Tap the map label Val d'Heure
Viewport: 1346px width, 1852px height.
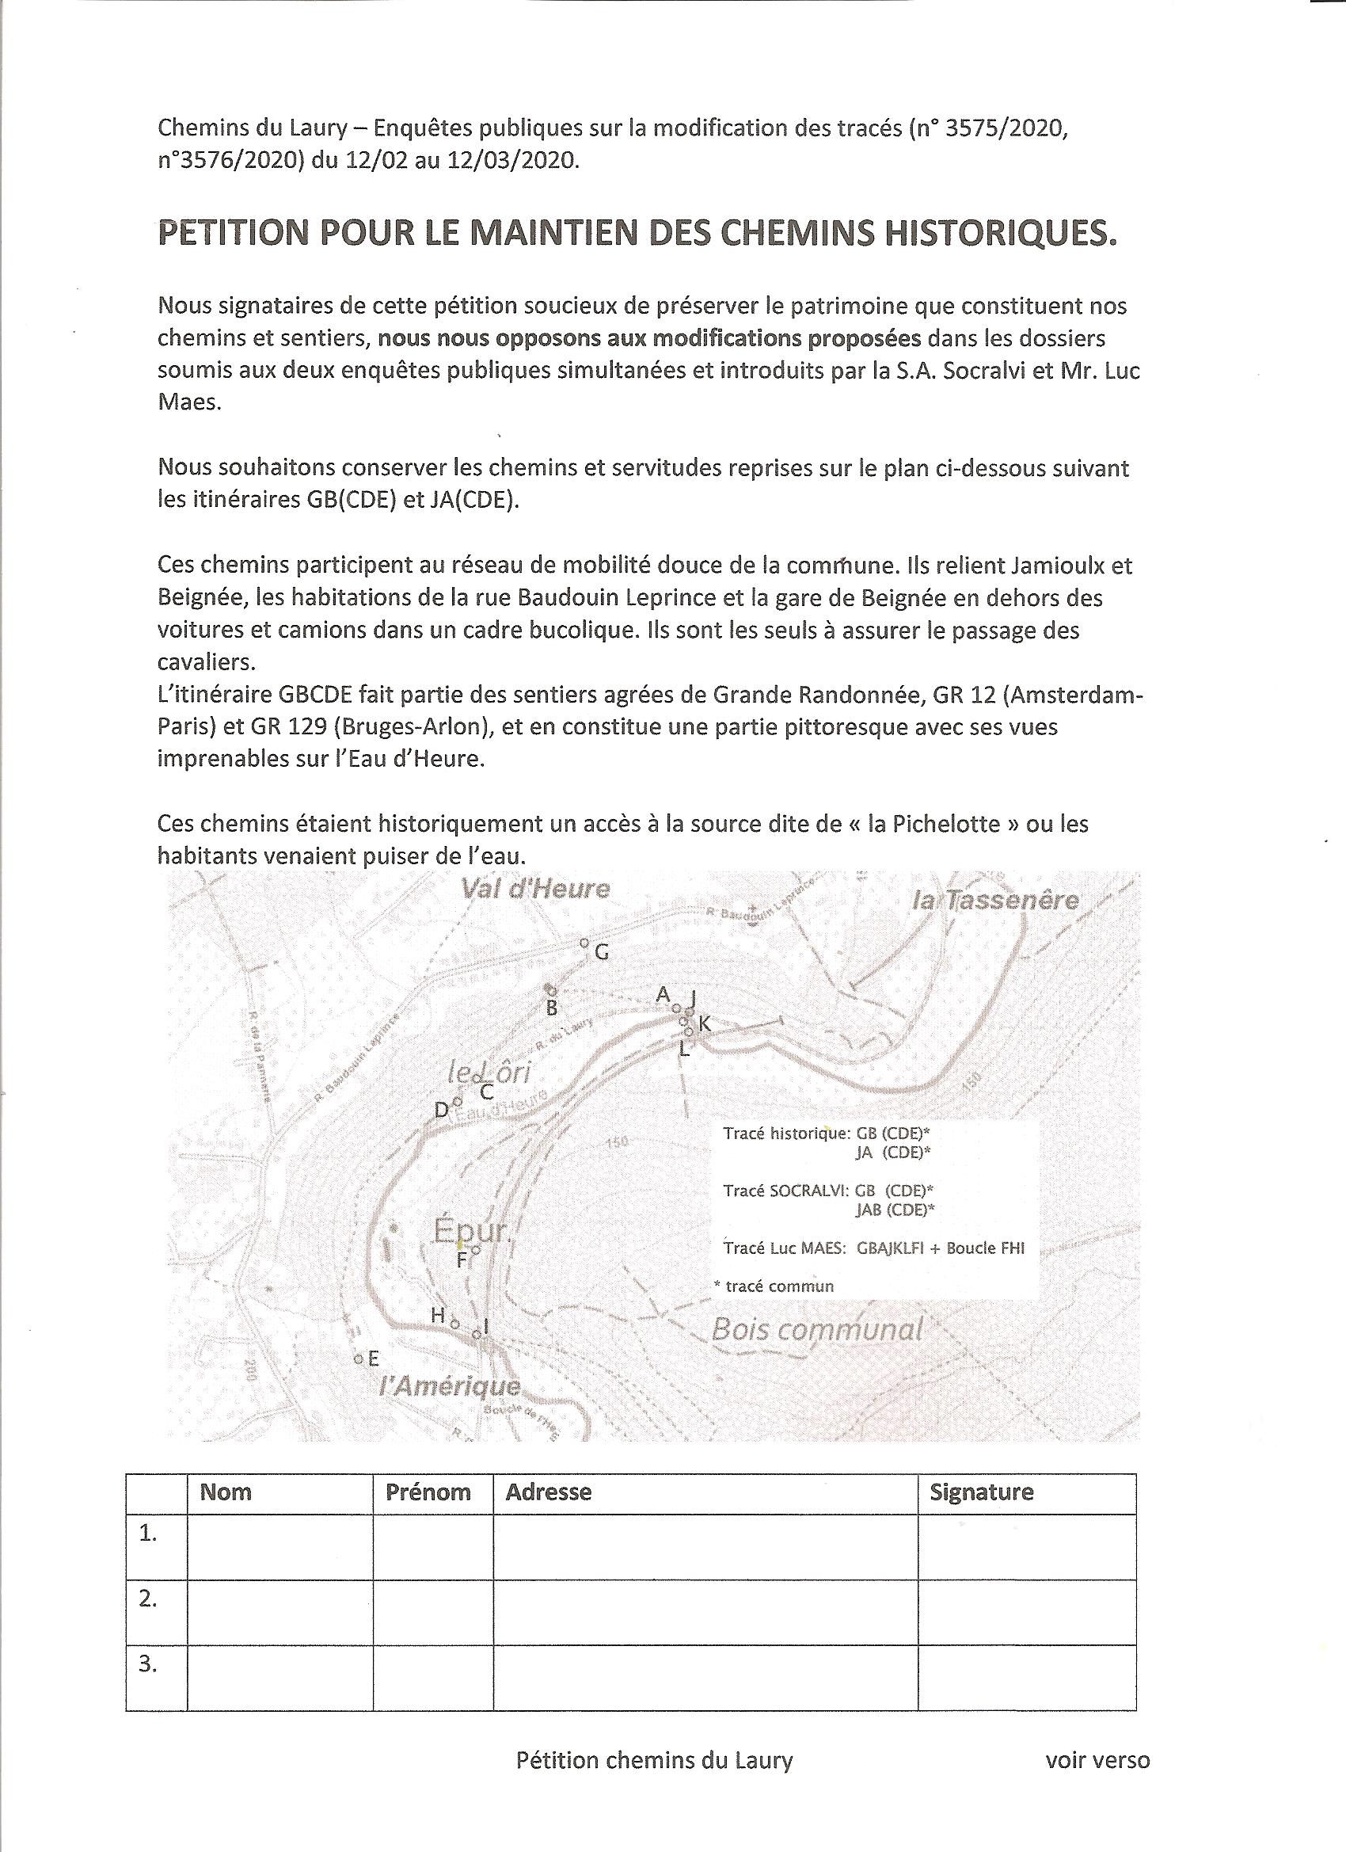pos(535,889)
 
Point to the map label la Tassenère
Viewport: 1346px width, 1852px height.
pos(995,901)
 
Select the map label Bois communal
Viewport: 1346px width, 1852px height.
pos(817,1329)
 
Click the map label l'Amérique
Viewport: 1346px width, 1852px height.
pos(450,1385)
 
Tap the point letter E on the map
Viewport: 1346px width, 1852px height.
pos(373,1359)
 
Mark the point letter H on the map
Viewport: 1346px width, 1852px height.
pos(439,1315)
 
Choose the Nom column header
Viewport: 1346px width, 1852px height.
pos(226,1492)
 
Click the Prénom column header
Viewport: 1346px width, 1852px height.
pos(428,1492)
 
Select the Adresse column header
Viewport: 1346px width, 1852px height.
pos(549,1492)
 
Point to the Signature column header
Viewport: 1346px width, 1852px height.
pos(981,1492)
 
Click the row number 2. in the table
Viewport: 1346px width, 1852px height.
pos(148,1599)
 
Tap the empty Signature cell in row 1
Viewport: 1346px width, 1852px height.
pos(1026,1546)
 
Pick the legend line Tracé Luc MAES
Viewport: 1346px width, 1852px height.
pos(873,1248)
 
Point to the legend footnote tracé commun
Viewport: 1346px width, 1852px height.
pos(774,1286)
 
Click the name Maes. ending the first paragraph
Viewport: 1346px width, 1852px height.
pos(189,403)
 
